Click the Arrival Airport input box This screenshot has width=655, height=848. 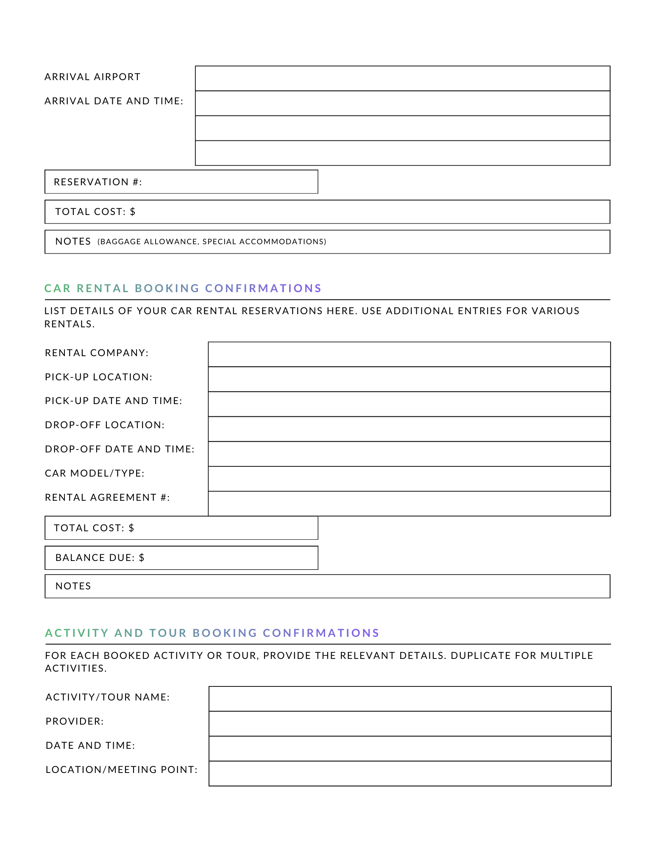(402, 78)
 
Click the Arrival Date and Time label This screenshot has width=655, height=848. (114, 101)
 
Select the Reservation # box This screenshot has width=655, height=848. (181, 182)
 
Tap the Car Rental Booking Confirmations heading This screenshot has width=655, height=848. (183, 288)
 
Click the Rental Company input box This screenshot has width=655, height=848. (409, 354)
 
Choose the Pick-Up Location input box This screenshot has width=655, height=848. (409, 379)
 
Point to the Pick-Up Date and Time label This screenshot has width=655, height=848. (113, 401)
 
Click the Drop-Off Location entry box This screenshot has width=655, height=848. (409, 429)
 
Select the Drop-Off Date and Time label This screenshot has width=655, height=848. (120, 449)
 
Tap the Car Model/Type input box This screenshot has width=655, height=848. (409, 479)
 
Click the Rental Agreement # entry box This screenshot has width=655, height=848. (409, 504)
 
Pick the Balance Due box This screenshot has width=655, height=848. (181, 558)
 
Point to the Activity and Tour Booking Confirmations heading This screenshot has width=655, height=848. (212, 633)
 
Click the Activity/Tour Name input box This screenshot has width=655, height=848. (410, 699)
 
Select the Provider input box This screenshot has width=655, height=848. (410, 724)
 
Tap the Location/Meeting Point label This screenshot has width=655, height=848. (121, 770)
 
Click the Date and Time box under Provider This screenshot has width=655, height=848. (410, 749)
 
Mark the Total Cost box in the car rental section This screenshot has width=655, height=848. (181, 528)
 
